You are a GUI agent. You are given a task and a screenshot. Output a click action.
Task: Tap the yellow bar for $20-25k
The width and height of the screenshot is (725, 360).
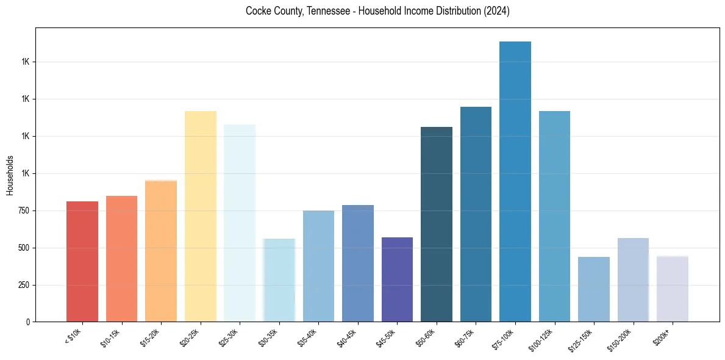point(201,216)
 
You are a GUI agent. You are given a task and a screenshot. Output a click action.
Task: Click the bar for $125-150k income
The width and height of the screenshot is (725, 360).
point(593,289)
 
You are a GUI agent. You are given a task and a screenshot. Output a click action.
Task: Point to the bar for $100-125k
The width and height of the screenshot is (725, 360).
point(554,216)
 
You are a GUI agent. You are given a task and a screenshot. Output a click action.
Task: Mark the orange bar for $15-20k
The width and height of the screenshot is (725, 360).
point(161,251)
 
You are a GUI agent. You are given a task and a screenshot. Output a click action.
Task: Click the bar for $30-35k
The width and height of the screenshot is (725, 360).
point(279,280)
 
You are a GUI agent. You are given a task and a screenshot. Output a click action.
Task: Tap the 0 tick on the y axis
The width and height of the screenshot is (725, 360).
point(28,322)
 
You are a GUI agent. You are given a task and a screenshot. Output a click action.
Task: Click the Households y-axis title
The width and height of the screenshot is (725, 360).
point(10,175)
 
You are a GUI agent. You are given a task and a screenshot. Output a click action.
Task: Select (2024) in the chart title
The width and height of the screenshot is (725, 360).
point(498,12)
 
